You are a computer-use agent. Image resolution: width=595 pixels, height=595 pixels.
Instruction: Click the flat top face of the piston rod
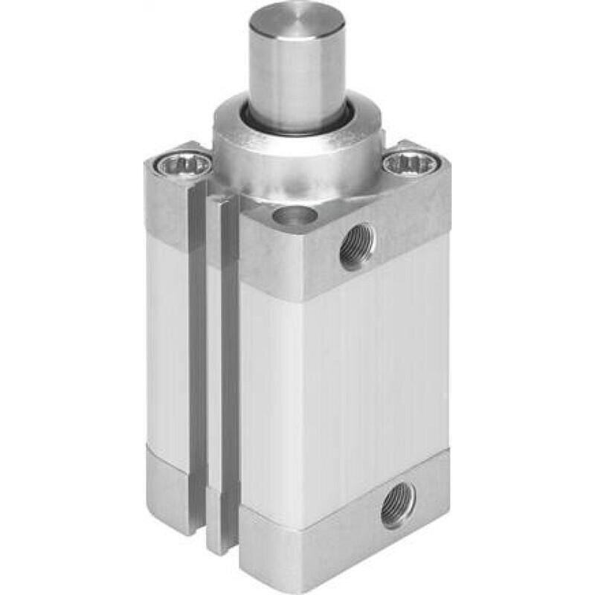click(296, 22)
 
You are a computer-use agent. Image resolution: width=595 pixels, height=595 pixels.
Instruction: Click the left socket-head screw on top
click(180, 164)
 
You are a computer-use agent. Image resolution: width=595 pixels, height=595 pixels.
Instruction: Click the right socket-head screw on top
click(408, 163)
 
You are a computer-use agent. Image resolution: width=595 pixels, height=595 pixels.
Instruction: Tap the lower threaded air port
click(398, 509)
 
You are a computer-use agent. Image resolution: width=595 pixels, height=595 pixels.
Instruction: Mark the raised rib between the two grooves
click(213, 357)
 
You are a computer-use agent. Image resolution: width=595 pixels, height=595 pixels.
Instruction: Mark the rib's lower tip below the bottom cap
click(215, 539)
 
